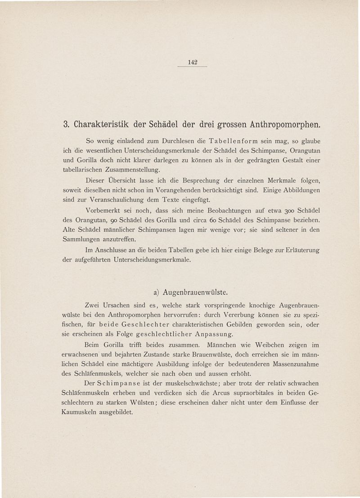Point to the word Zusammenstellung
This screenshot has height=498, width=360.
coord(132,170)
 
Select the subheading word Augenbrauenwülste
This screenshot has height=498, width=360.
coord(198,293)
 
